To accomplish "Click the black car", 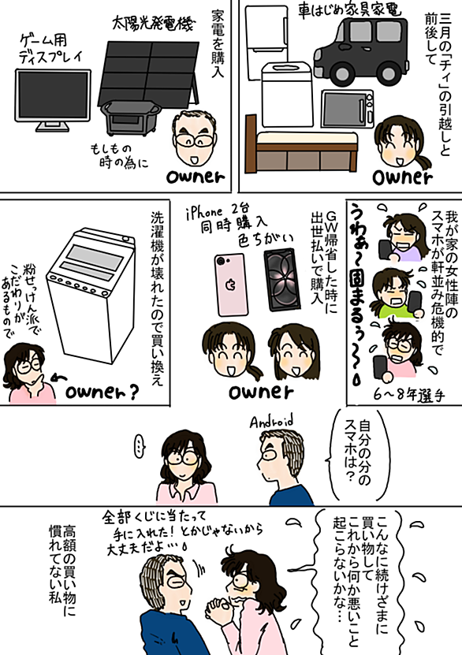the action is click(361, 50).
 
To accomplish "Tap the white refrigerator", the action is click(266, 42).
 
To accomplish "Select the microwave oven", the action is click(348, 108).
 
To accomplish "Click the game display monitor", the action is click(53, 99).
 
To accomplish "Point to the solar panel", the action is click(150, 73).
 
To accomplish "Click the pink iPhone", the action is click(232, 284).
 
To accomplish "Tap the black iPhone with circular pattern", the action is click(282, 280).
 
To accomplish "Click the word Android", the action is click(271, 422).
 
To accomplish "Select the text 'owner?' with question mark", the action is click(102, 393).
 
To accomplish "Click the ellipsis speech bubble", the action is click(140, 446).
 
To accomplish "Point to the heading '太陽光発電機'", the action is click(153, 24).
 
